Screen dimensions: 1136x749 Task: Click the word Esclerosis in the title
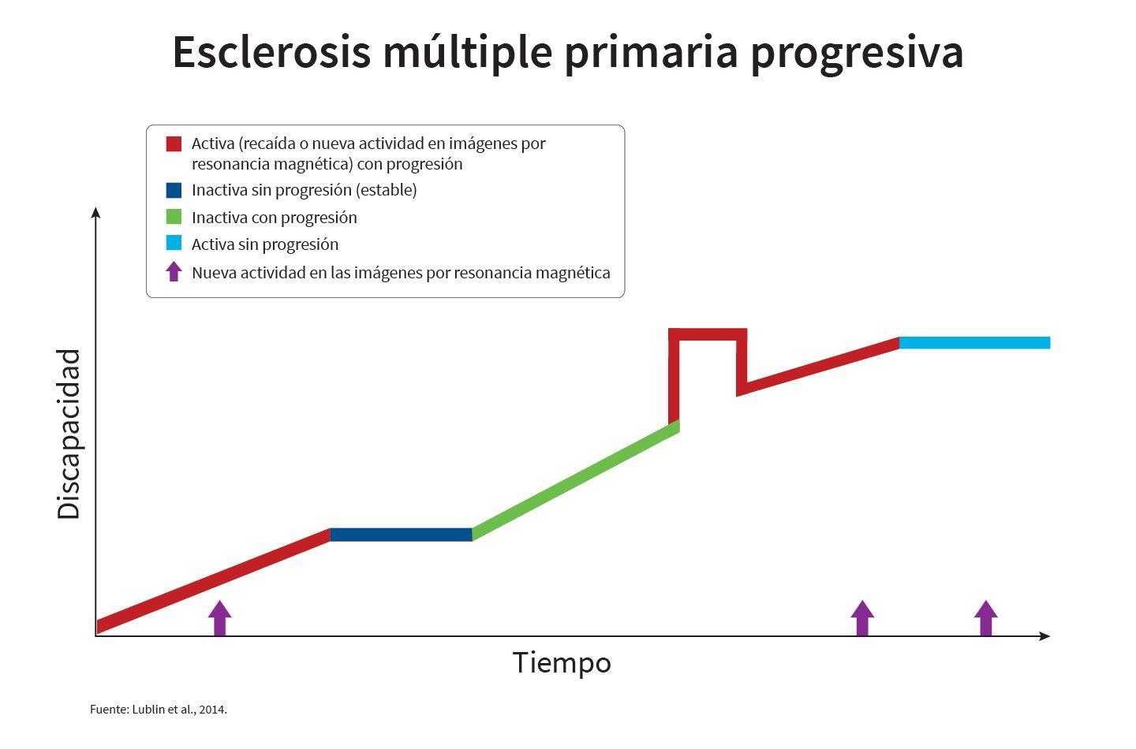(x=272, y=52)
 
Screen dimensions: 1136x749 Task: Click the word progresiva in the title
(x=856, y=54)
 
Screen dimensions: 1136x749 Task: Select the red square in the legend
(x=174, y=144)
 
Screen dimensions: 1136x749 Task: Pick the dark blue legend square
(x=174, y=191)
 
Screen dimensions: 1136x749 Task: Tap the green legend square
(x=174, y=217)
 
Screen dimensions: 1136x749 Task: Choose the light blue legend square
(x=174, y=243)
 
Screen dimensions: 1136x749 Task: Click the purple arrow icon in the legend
(x=174, y=271)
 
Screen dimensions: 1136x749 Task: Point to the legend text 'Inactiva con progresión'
(x=275, y=218)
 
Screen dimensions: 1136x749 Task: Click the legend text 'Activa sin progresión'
(x=265, y=244)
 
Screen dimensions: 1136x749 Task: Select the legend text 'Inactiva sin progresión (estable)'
(x=305, y=191)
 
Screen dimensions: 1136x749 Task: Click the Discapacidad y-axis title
(x=69, y=434)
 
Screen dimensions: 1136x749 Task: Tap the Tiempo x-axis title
(x=562, y=663)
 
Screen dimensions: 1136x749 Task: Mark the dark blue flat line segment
(x=401, y=535)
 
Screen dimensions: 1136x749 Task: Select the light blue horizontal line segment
(x=975, y=343)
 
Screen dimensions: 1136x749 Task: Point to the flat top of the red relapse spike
(x=708, y=334)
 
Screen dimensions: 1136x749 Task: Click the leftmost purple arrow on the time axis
(x=219, y=618)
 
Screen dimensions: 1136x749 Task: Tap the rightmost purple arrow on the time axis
(x=986, y=618)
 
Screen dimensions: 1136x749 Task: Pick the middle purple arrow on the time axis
(x=862, y=618)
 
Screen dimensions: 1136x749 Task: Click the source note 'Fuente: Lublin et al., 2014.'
(x=159, y=710)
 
